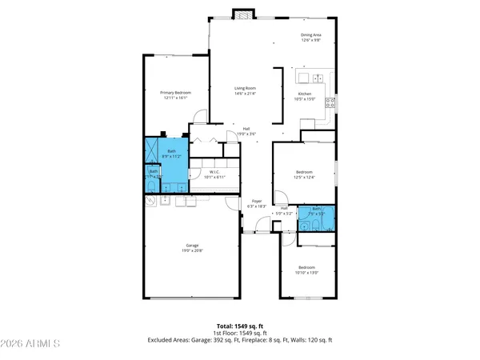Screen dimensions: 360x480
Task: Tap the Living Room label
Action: point(245,88)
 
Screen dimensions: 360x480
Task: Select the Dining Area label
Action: point(311,34)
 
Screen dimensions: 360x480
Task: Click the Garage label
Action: point(192,246)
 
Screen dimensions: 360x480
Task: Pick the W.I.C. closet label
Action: point(214,171)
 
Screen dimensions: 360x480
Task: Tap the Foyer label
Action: point(257,201)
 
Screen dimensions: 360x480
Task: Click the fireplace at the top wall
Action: point(242,14)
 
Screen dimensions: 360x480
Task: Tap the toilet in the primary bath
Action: point(153,186)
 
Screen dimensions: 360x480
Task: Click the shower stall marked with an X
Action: point(152,150)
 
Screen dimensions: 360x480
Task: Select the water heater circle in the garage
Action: point(150,202)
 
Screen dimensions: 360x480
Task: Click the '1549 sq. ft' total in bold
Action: point(248,326)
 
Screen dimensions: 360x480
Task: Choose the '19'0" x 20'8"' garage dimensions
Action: point(192,251)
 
